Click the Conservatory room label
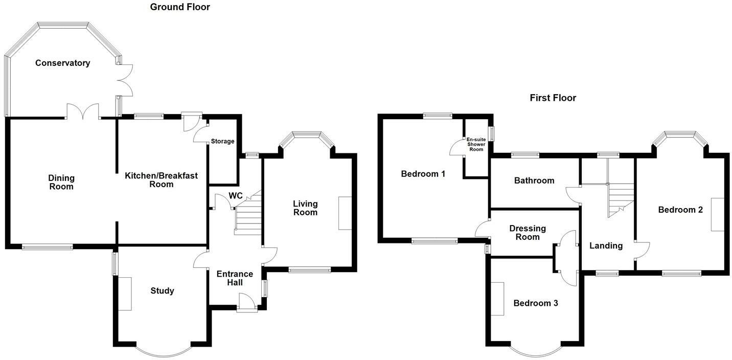(62, 63)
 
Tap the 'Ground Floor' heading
(180, 7)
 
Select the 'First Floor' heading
(553, 98)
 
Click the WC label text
(236, 196)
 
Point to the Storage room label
(222, 141)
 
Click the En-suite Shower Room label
(476, 144)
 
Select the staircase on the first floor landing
(620, 200)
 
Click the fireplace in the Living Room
(345, 213)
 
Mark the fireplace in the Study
(125, 294)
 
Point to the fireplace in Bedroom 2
(718, 214)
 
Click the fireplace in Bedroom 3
(498, 299)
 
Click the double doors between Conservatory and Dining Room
(83, 111)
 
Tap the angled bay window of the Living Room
(306, 136)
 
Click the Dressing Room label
(528, 233)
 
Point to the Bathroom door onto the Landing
(573, 195)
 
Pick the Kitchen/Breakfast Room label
(161, 180)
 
